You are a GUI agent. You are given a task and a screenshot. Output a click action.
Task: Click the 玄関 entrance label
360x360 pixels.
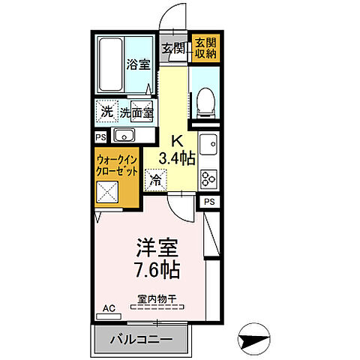click(x=173, y=49)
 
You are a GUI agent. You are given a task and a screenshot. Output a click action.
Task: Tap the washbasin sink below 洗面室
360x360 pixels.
click(x=124, y=136)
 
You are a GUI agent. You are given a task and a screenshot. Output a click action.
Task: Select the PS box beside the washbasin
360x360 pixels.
click(x=100, y=136)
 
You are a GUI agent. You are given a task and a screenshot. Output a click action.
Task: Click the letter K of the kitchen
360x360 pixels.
click(x=178, y=139)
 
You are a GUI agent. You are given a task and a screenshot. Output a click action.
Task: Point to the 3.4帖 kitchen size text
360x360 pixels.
click(x=178, y=157)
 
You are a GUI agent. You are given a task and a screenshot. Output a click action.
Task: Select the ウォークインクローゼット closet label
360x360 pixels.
click(x=115, y=166)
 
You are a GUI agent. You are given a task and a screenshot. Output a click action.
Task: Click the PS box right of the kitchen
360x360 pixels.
click(x=210, y=202)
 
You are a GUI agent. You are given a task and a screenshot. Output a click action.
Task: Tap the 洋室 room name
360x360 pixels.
click(x=155, y=245)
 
